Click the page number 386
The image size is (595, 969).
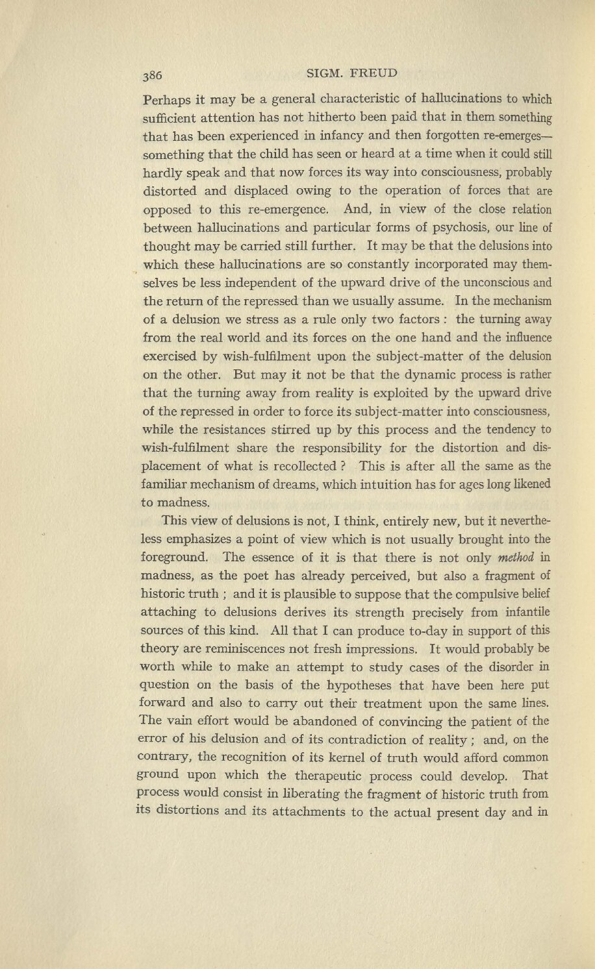point(156,75)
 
